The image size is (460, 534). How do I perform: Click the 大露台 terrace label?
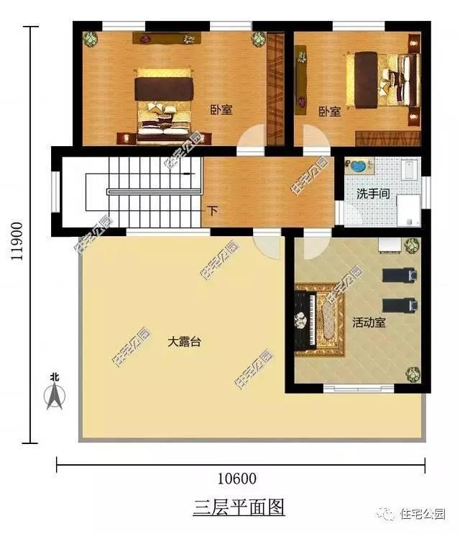point(184,343)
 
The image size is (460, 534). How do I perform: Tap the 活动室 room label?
point(369,322)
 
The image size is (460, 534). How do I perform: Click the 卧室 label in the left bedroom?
point(221,109)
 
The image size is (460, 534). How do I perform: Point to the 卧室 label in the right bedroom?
point(329,112)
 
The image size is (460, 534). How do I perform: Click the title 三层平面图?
point(239,507)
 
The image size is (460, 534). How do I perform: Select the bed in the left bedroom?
point(165,102)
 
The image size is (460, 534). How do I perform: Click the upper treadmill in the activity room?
point(398,274)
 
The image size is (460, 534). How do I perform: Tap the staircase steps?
point(144,193)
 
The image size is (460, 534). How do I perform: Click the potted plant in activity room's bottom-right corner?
point(412,374)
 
